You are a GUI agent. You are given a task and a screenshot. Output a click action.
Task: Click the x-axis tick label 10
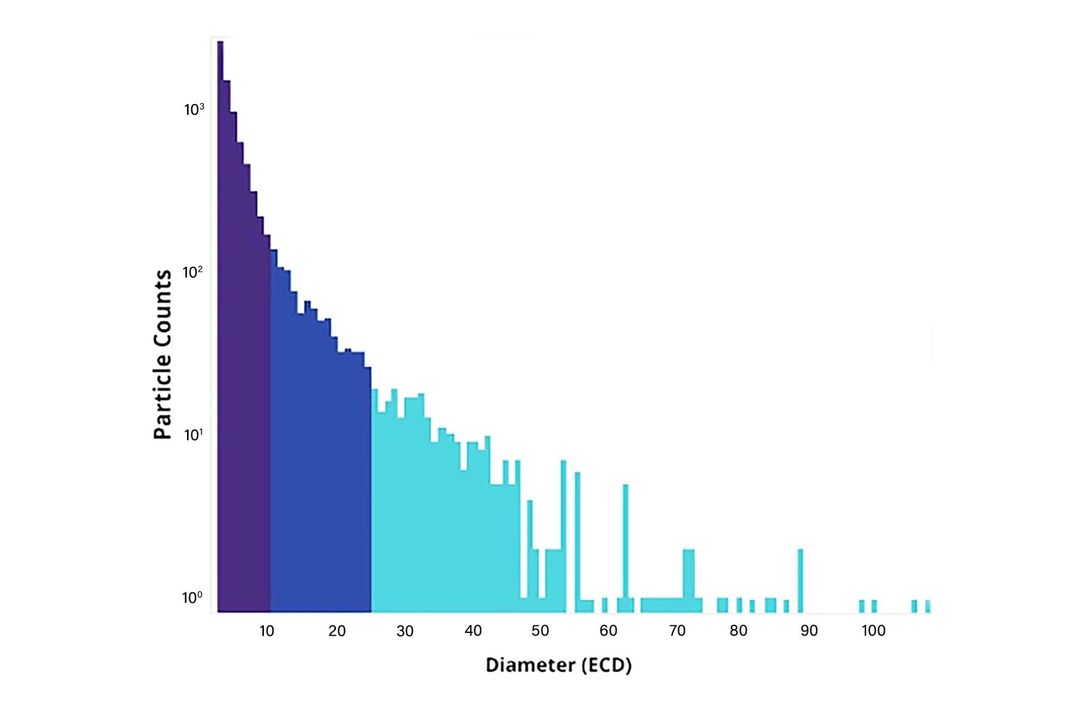[267, 631]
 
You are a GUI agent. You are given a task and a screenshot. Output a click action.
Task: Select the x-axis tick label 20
[337, 631]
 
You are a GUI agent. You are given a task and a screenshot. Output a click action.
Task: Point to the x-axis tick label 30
[405, 631]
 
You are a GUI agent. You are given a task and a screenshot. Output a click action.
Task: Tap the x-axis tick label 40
[473, 631]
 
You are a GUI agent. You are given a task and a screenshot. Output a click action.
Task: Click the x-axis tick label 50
[540, 631]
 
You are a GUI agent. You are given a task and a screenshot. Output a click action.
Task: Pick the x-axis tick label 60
[608, 631]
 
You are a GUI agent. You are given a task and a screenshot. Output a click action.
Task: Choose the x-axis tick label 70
[677, 631]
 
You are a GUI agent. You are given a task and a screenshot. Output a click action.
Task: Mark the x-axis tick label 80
[739, 631]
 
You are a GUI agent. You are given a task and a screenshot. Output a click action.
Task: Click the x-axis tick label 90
[809, 631]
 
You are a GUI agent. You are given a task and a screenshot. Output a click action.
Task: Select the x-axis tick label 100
[874, 631]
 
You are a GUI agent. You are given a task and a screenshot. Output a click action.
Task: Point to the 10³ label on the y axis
[194, 110]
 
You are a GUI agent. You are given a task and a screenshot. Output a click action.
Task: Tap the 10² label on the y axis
[193, 272]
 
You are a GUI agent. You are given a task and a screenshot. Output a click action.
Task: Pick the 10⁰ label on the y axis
[192, 598]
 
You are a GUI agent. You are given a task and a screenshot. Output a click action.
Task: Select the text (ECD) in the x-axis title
[606, 666]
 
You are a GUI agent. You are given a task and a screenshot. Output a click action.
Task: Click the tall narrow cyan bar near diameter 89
[801, 580]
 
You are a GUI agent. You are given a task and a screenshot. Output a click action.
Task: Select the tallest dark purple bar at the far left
[221, 325]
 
